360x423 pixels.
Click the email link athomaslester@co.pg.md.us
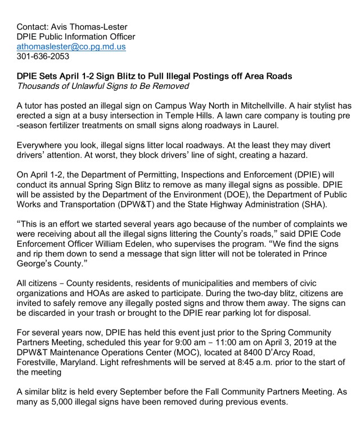pyautogui.click(x=71, y=47)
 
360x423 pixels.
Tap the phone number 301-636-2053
pyautogui.click(x=43, y=57)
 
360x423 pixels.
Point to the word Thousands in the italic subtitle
pyautogui.click(x=40, y=86)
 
